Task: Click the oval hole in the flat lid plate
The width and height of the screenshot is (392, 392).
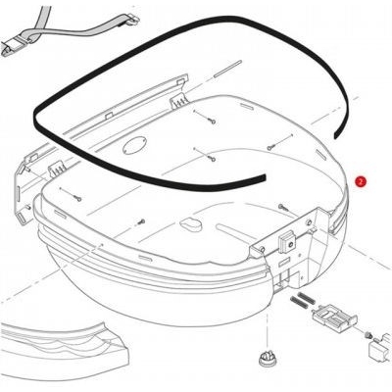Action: (x=134, y=146)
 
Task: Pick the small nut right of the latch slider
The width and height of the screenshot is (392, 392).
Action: (x=367, y=335)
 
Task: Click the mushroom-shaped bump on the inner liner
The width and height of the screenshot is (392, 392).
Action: (x=192, y=223)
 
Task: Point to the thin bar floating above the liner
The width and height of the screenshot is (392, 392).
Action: (x=227, y=69)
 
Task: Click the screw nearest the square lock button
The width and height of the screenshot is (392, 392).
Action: (x=282, y=207)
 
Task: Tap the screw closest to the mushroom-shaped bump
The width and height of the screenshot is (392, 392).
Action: (x=141, y=221)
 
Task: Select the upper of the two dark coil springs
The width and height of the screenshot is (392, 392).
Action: (x=307, y=297)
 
